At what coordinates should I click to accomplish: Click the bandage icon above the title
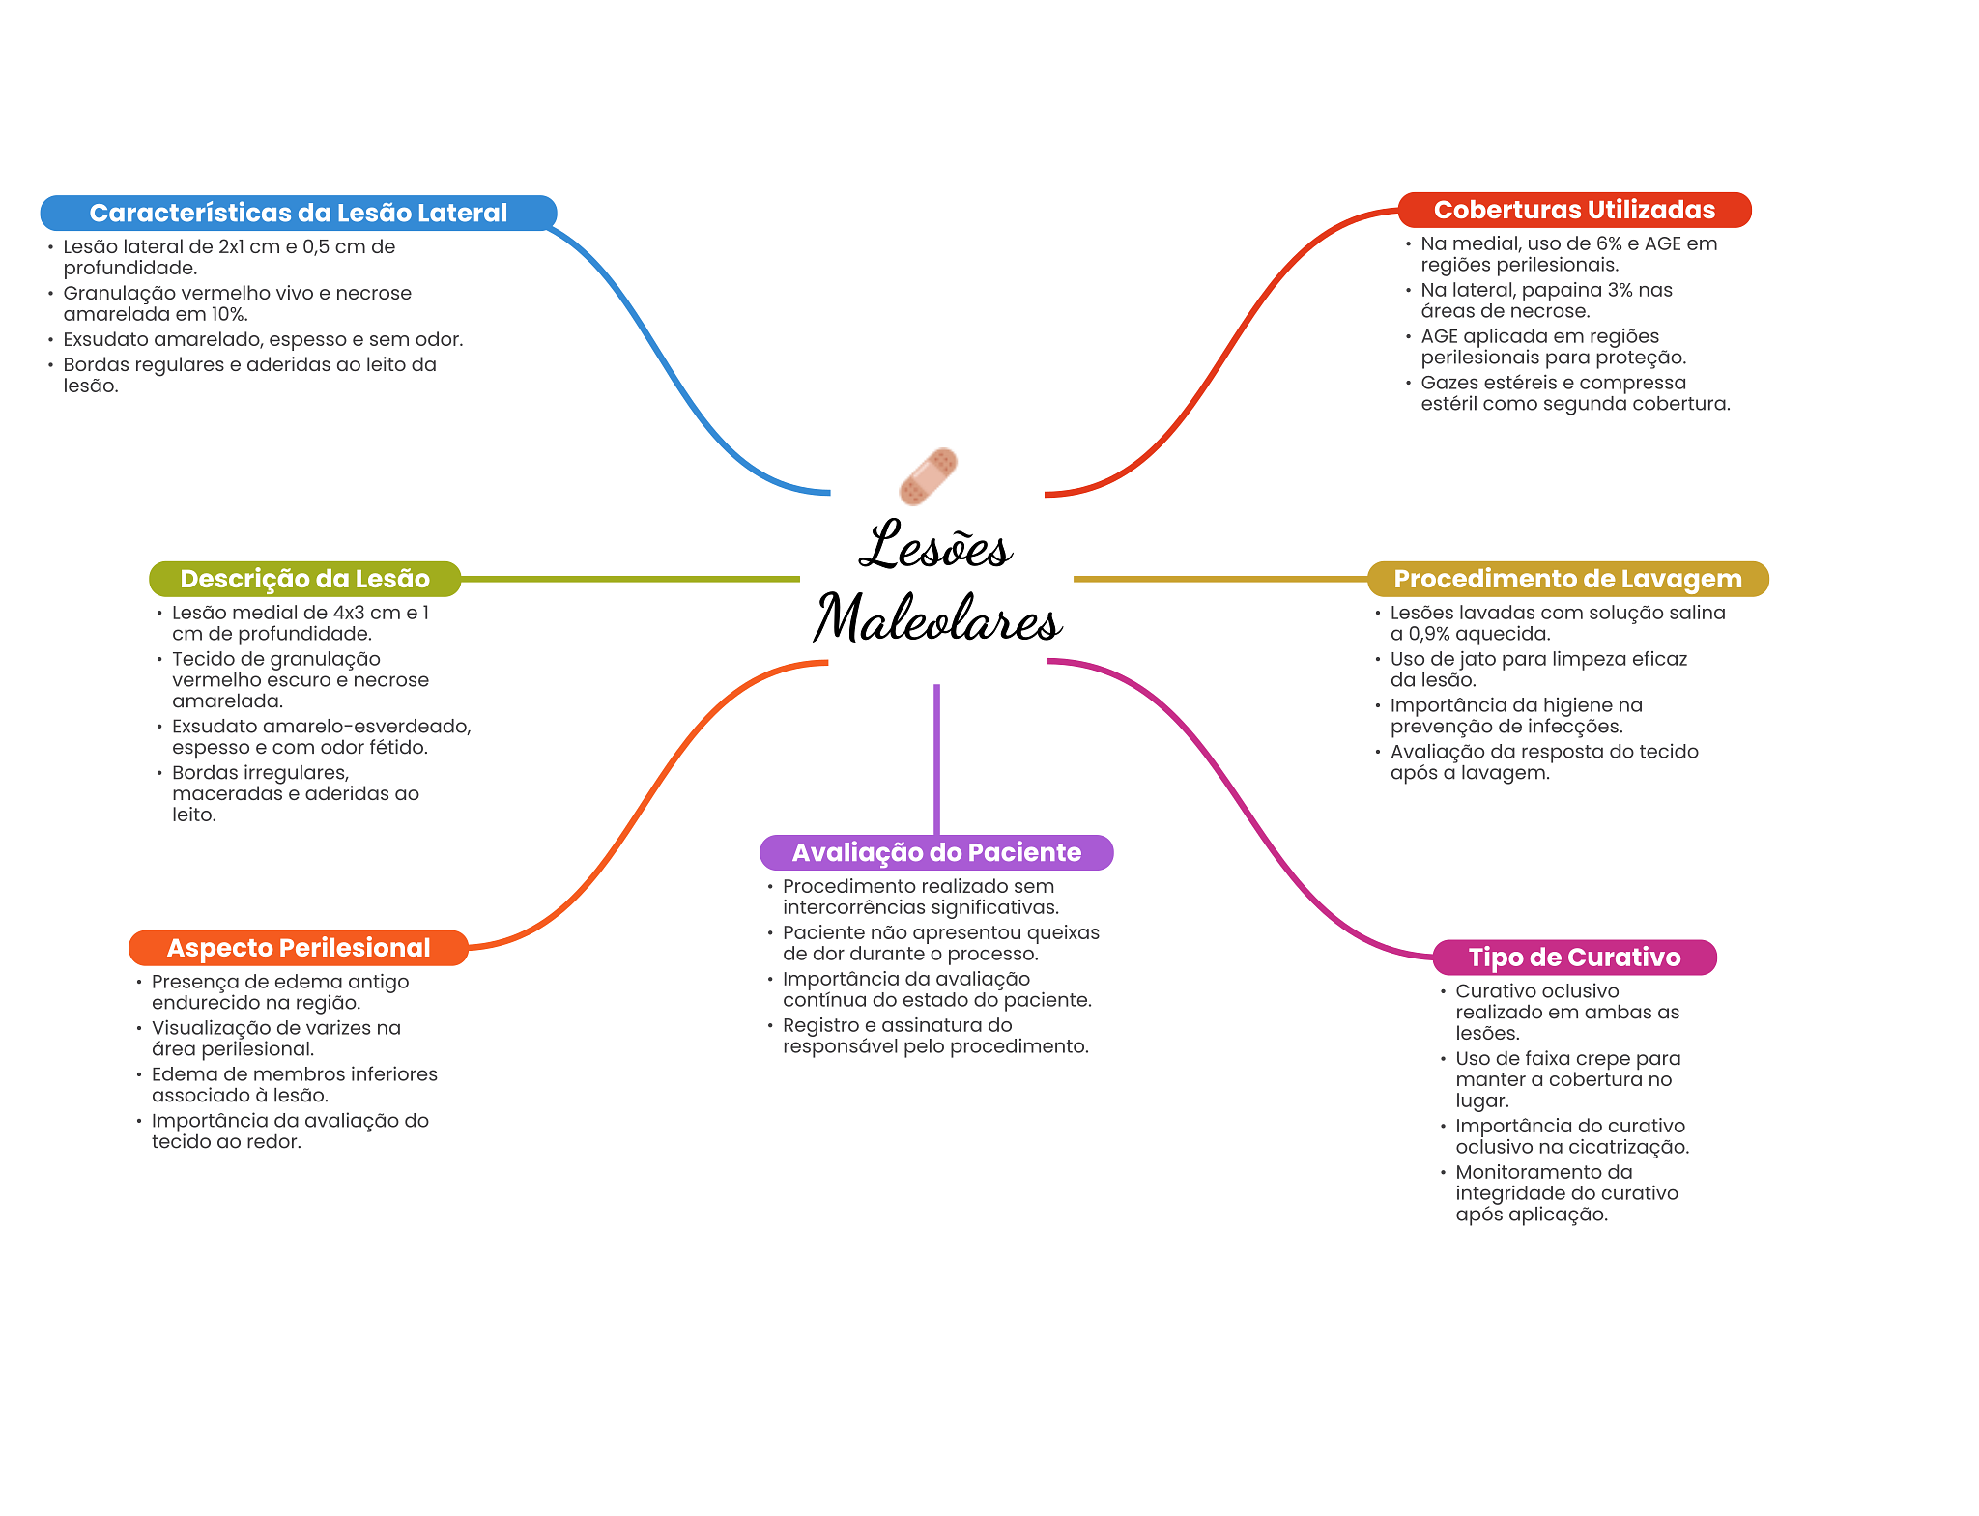[x=928, y=476]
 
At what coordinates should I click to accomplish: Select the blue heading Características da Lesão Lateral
[x=298, y=213]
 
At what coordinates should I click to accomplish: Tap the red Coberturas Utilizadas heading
[x=1574, y=210]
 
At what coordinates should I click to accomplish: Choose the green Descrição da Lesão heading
[x=304, y=579]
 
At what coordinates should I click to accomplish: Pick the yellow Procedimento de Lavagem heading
[x=1567, y=579]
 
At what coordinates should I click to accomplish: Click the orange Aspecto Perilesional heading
[x=299, y=948]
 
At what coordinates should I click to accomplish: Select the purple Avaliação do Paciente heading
[x=936, y=852]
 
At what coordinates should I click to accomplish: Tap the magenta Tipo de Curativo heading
[x=1574, y=958]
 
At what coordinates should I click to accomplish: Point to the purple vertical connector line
[x=936, y=758]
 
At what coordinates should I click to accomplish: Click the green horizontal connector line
[x=628, y=579]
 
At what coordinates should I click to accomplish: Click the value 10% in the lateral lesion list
[x=229, y=315]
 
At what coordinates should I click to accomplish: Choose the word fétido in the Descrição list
[x=398, y=748]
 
